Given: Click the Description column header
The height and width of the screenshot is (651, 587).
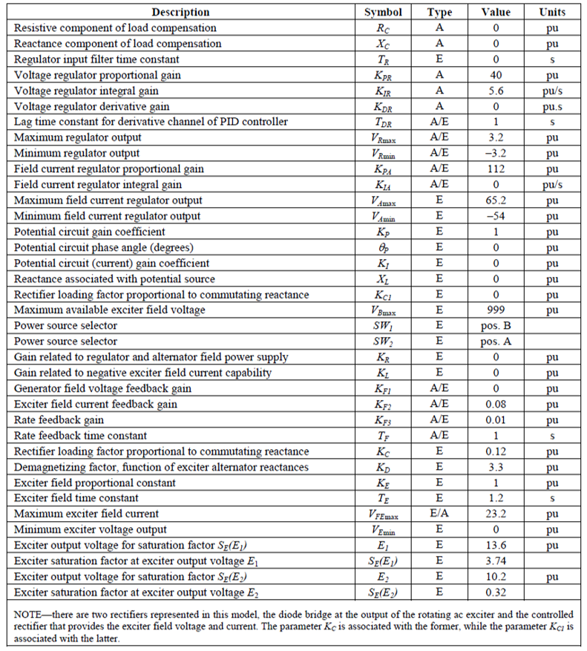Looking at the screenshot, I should [180, 12].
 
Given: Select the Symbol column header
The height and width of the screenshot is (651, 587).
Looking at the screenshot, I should [383, 12].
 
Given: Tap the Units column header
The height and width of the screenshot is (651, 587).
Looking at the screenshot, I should [552, 12].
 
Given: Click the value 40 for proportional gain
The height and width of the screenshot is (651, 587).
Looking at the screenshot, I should [496, 75].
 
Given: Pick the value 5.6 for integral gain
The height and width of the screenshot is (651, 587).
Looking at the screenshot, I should [496, 91].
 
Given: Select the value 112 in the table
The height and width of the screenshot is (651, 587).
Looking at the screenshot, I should [496, 169].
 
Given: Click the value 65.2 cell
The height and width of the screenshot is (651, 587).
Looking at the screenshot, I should [496, 200].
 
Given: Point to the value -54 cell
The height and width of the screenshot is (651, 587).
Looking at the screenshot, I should [496, 216].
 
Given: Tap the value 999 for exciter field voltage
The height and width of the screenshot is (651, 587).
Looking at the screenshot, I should [496, 310].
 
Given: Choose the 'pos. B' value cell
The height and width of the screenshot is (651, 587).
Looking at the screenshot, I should [496, 326].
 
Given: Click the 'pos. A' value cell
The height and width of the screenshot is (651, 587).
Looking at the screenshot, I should [496, 341].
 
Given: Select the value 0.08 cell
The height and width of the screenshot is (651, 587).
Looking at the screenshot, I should [496, 404].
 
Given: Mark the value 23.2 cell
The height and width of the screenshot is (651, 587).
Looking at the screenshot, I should [496, 514].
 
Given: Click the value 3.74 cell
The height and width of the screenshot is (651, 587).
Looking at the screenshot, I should [496, 560].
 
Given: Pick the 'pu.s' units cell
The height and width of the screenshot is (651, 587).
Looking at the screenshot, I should [552, 106].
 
